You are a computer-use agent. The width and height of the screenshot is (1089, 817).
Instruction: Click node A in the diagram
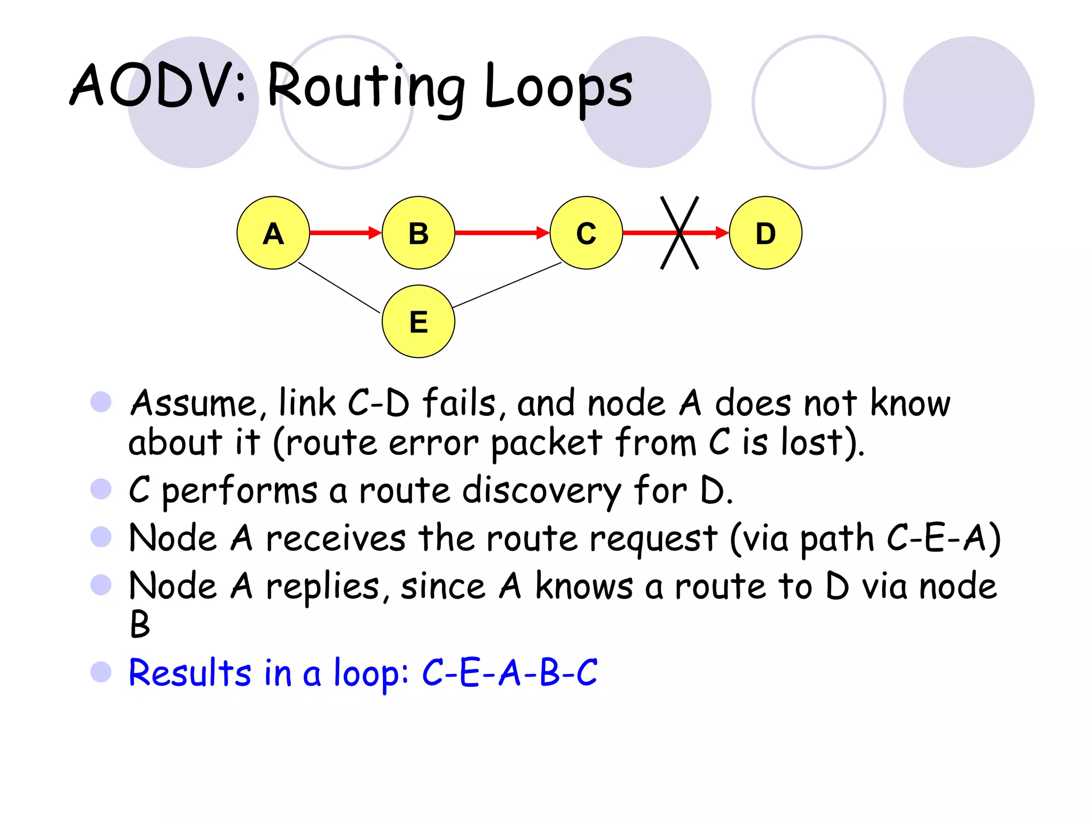click(x=273, y=233)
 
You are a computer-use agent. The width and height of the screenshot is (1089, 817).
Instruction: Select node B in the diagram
click(x=418, y=233)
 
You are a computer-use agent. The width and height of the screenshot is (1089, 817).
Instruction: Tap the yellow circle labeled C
click(x=586, y=233)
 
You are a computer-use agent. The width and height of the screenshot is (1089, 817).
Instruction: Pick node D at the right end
click(x=765, y=233)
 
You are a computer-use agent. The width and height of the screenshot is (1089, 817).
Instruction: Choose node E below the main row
click(x=418, y=321)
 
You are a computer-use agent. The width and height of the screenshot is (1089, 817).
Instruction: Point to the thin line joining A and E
click(x=339, y=288)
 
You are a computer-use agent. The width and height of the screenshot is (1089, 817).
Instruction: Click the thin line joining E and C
click(x=507, y=285)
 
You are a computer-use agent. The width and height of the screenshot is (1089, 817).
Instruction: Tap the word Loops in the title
click(x=558, y=88)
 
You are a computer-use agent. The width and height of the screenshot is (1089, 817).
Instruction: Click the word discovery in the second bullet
click(x=541, y=490)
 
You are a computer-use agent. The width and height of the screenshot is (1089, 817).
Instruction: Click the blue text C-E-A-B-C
click(x=510, y=673)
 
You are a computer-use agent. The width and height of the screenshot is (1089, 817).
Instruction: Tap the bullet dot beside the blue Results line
click(x=100, y=672)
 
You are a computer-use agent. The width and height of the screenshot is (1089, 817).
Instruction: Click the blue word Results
click(x=189, y=673)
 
